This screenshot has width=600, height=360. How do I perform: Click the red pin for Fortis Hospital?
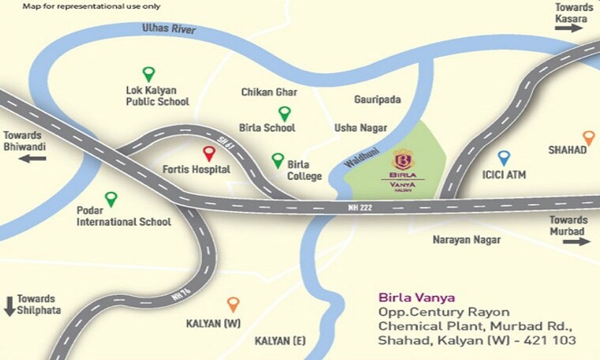point(209,153)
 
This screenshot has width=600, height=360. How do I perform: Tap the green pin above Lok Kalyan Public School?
point(148,73)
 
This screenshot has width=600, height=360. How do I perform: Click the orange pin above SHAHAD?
point(587,137)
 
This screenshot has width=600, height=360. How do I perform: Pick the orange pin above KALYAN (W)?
point(233,303)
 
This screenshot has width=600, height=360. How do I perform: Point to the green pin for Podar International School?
point(111,198)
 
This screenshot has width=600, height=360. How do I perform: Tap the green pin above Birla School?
point(284,113)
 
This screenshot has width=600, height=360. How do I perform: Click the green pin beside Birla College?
point(278,159)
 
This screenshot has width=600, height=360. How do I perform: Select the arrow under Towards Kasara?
point(568,28)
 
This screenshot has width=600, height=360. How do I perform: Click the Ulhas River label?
point(168,29)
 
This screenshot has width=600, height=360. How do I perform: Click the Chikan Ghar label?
point(269,92)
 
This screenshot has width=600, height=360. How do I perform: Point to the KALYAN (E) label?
point(281,341)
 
